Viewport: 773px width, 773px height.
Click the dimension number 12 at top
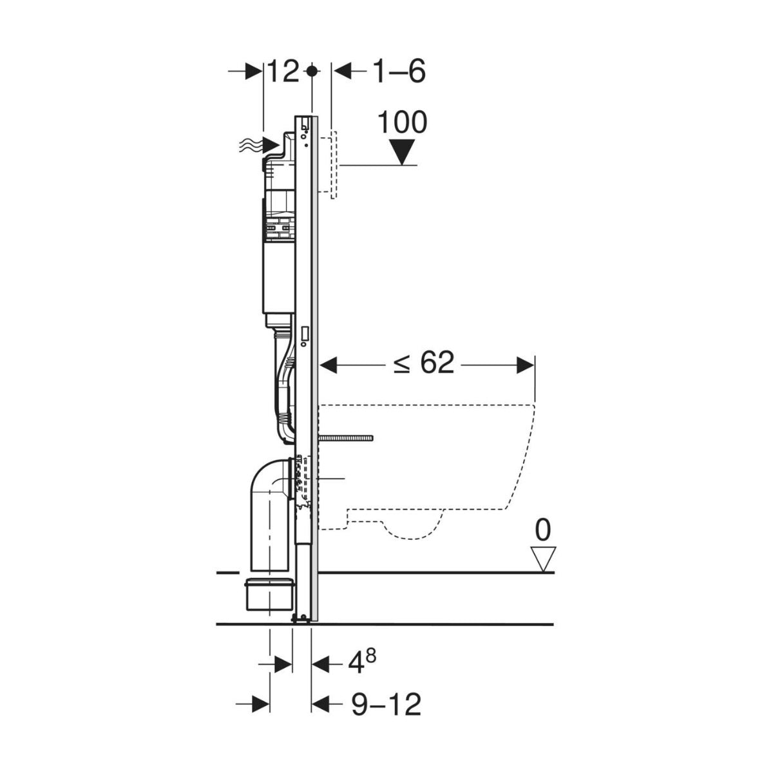click(283, 72)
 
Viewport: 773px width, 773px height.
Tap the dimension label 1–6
click(398, 72)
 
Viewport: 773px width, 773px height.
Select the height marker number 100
click(402, 122)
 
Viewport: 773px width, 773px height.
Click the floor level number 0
click(543, 531)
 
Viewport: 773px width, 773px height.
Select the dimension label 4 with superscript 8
click(361, 663)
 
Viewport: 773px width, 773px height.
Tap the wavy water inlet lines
click(249, 147)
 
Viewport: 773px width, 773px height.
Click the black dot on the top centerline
click(312, 71)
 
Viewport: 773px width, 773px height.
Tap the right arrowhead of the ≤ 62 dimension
click(525, 365)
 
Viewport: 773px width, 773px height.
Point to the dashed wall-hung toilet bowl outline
click(438, 464)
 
